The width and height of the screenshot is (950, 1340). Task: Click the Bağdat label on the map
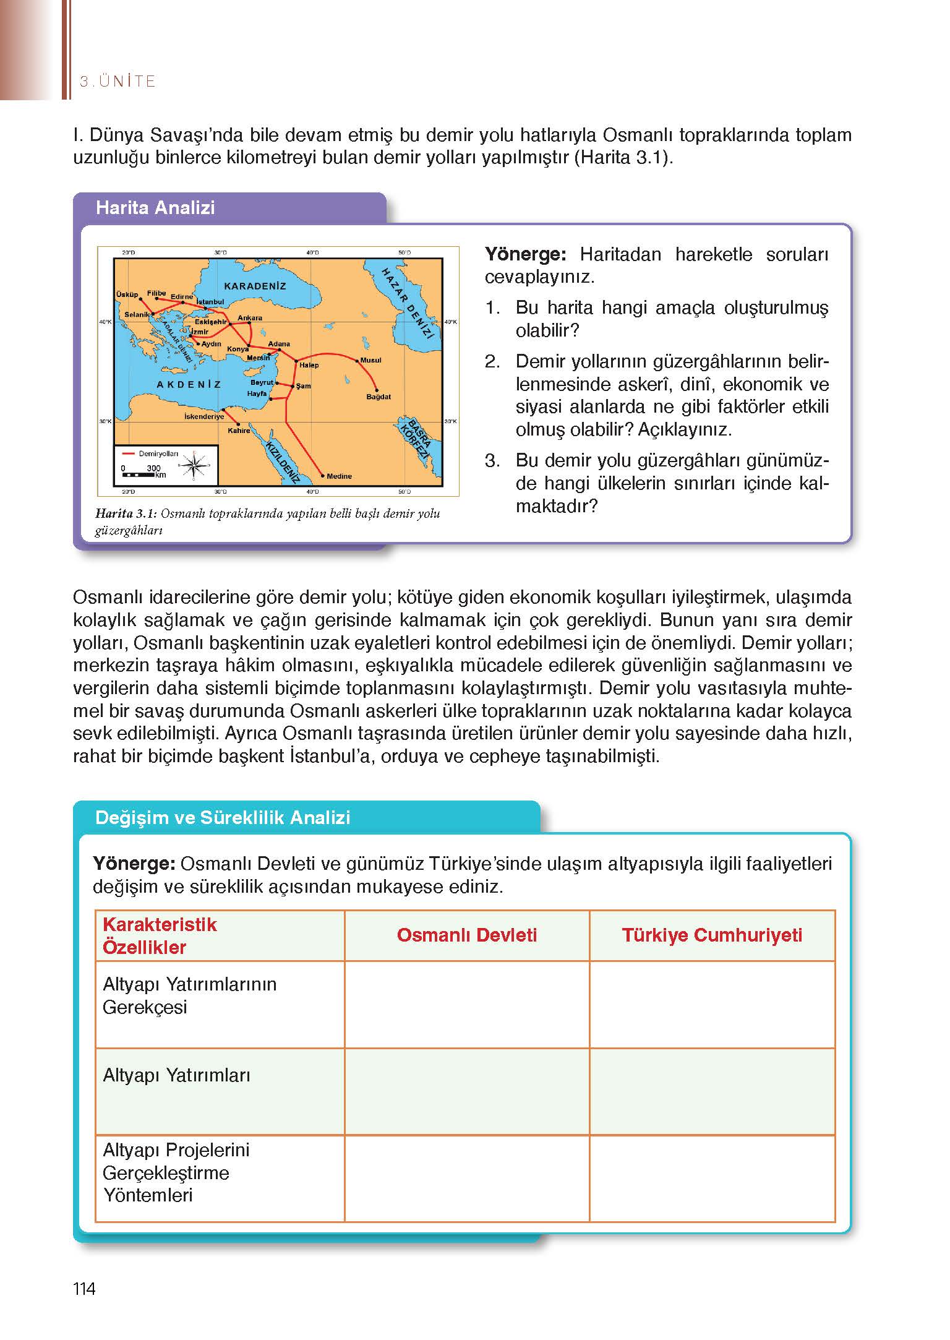point(379,397)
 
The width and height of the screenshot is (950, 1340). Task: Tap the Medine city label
point(339,476)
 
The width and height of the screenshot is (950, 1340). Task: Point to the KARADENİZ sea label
point(255,286)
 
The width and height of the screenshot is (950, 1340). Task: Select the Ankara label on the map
point(250,318)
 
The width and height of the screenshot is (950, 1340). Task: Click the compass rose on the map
point(195,465)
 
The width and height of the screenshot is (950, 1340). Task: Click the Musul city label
point(370,360)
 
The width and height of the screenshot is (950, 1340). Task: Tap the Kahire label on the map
point(239,431)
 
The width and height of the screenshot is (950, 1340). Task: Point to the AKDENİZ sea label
point(189,384)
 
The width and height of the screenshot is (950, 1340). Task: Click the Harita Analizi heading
point(155,207)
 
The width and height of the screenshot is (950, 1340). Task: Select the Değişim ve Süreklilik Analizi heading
point(223,817)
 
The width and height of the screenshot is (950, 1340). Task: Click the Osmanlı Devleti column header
point(466,935)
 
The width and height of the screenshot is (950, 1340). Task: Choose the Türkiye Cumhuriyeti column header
point(712,935)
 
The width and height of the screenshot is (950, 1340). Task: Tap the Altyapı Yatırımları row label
point(176,1075)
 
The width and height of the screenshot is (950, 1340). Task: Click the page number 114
point(84,1289)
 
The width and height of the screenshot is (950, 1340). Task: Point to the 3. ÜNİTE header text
point(118,81)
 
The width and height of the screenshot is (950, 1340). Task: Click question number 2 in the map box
point(492,361)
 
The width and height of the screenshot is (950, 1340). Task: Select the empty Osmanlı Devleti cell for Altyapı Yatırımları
point(466,1091)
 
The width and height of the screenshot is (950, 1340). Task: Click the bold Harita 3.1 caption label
point(126,513)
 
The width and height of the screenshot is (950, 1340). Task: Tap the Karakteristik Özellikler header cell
point(160,935)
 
